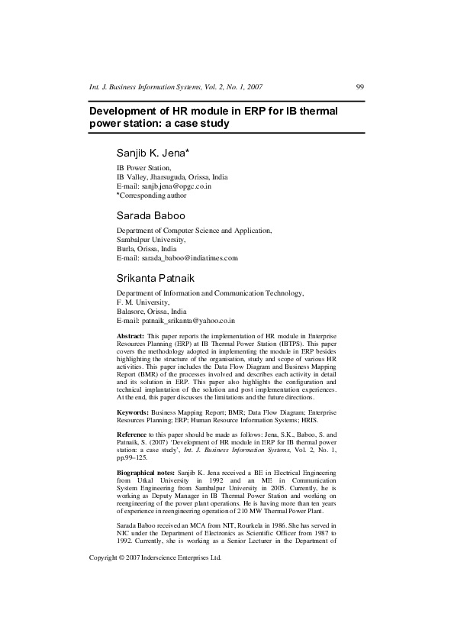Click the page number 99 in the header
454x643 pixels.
(360, 87)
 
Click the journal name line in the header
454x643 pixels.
(176, 87)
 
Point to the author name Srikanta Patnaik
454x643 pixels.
(155, 278)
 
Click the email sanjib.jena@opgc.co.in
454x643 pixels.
(173, 186)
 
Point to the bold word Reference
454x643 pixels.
(133, 433)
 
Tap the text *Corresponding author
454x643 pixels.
(151, 195)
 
